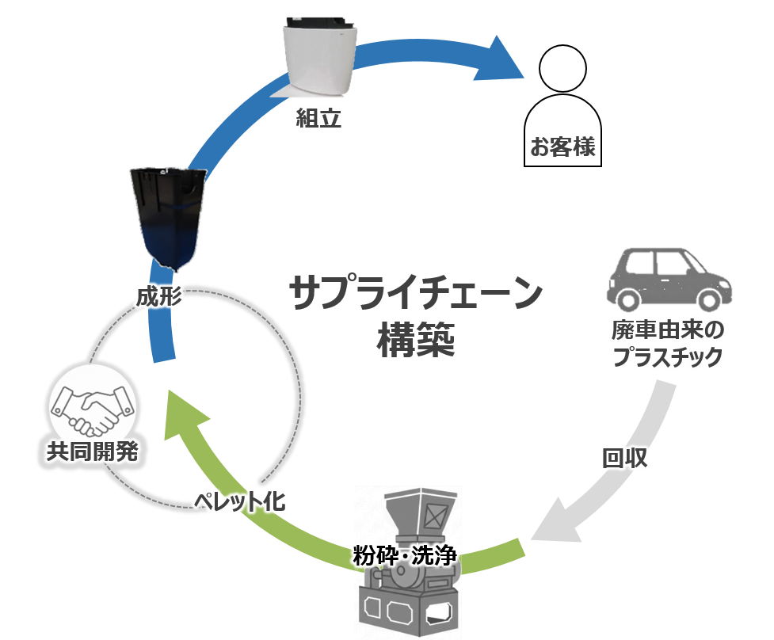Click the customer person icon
[562, 95]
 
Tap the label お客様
[562, 147]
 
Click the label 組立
[318, 119]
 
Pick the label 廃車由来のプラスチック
[668, 343]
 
